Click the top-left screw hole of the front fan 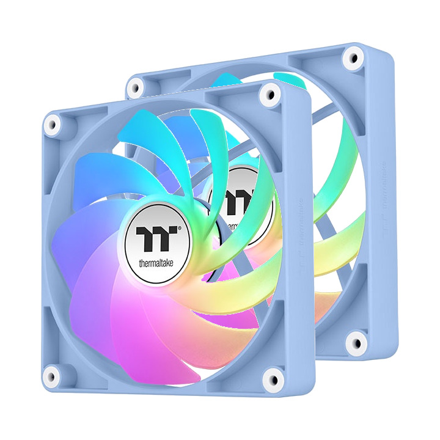[x=52, y=124]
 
